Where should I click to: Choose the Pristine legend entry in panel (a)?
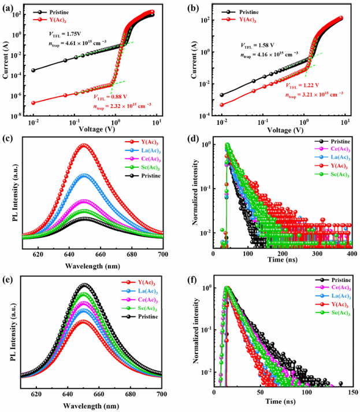61,11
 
